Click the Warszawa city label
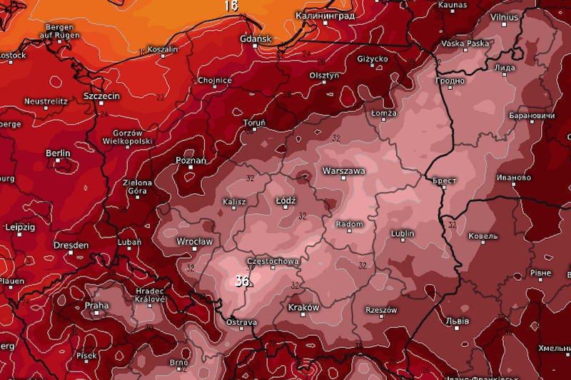point(344,171)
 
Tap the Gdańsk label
point(256,38)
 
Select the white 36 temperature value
point(242,281)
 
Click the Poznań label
point(191,160)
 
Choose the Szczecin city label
point(101,96)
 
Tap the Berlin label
point(58,153)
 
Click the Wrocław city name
point(194,242)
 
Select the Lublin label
point(403,233)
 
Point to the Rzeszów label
point(380,311)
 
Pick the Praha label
point(96,306)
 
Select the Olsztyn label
point(323,75)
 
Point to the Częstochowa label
point(272,262)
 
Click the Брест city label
point(444,181)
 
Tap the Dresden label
point(71,245)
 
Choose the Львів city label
point(457,322)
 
